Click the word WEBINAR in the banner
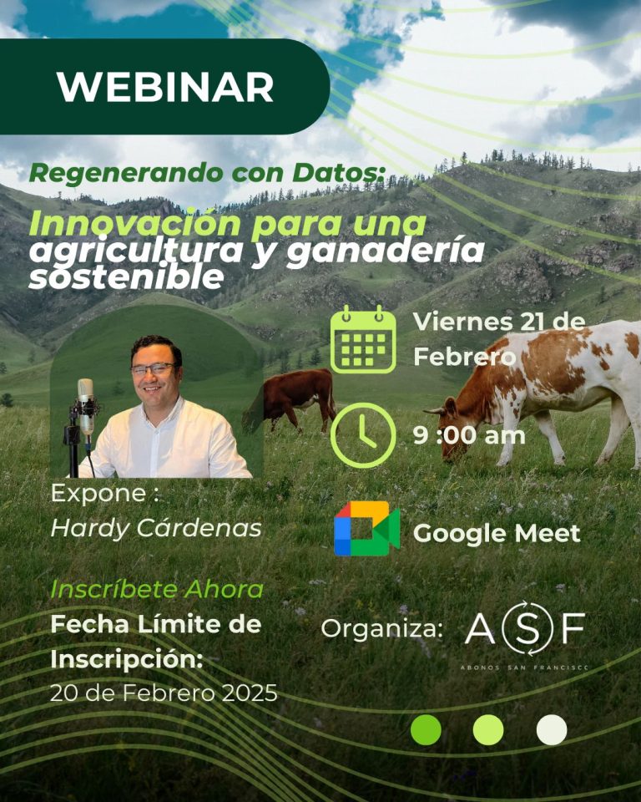click(x=165, y=86)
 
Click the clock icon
click(x=363, y=435)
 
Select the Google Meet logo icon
click(x=366, y=529)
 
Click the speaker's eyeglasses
click(x=153, y=368)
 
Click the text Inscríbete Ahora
click(x=157, y=589)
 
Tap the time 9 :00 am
click(x=469, y=435)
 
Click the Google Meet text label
click(x=497, y=534)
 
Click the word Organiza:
click(x=382, y=629)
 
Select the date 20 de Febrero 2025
click(x=164, y=693)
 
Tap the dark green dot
click(x=426, y=729)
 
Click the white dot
click(x=551, y=729)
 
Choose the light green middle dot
click(x=488, y=729)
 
